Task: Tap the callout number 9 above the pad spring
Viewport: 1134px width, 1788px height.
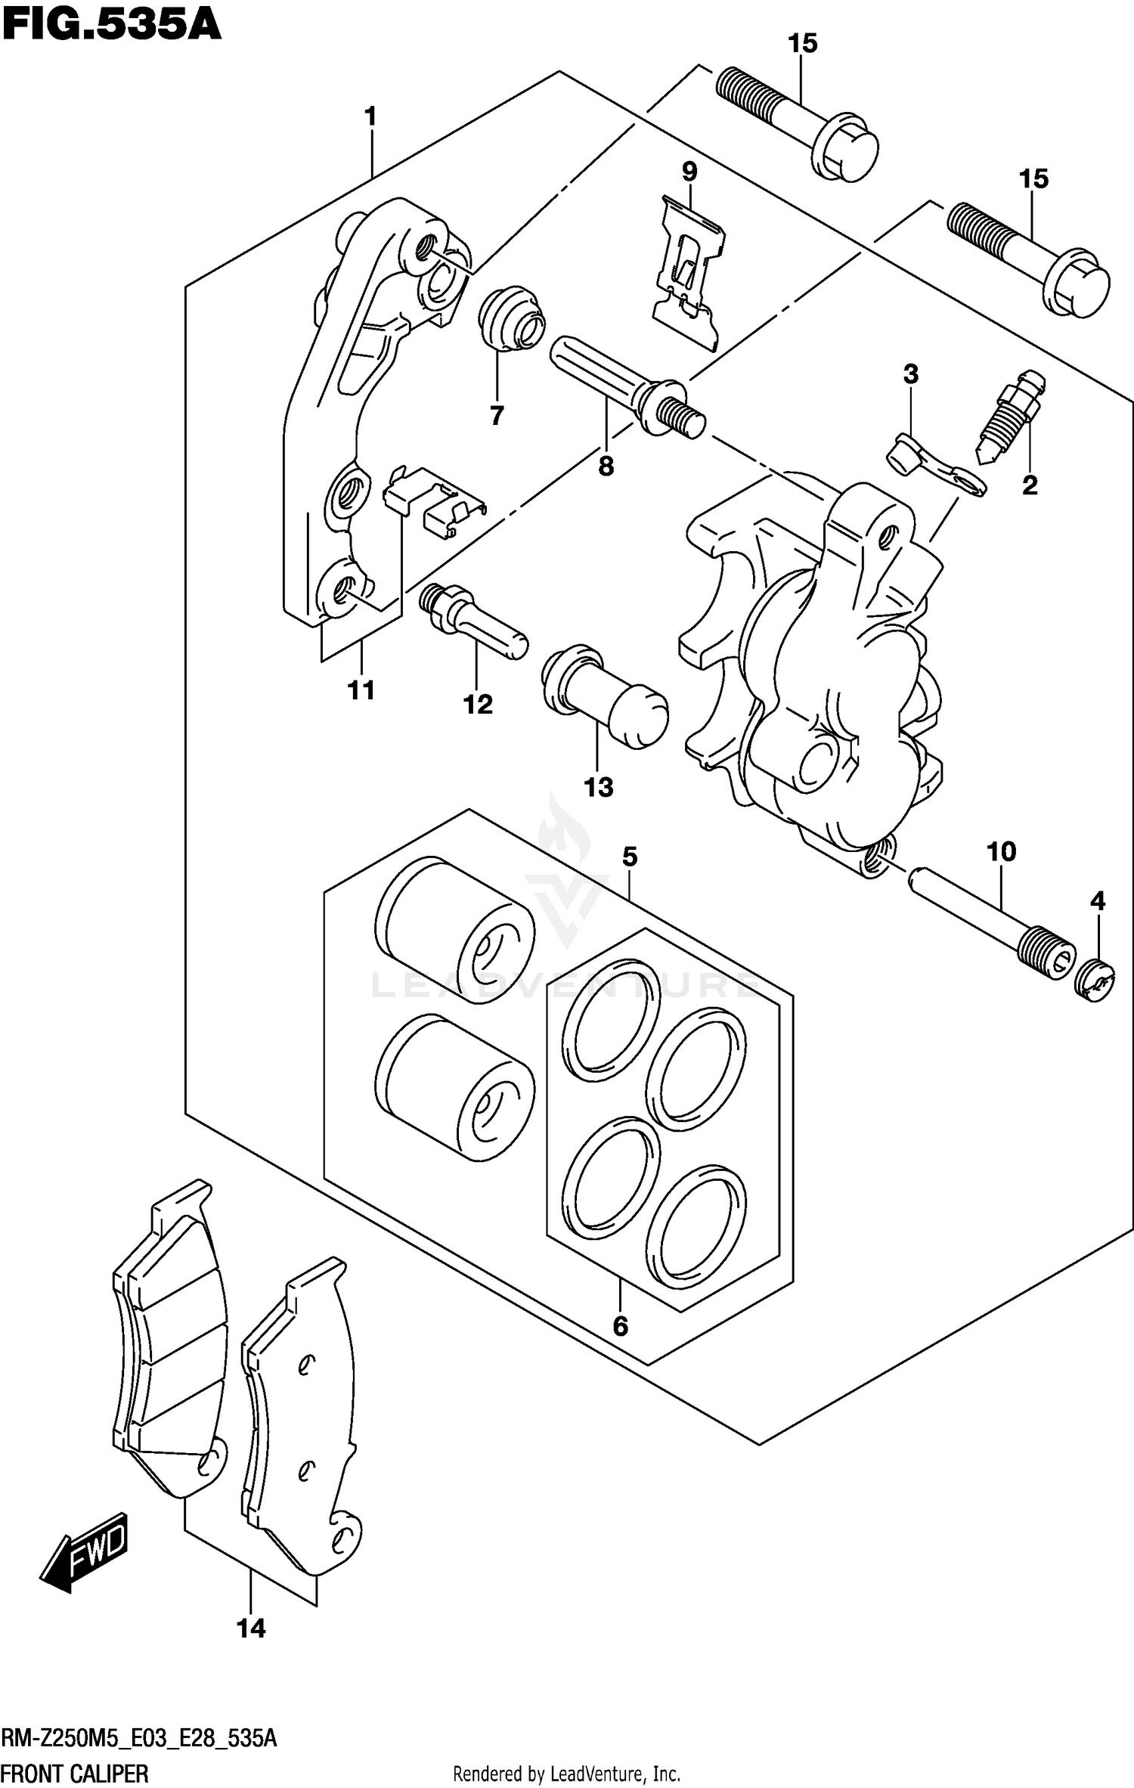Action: [689, 172]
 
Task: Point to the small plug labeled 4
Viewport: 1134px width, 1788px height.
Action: [1094, 981]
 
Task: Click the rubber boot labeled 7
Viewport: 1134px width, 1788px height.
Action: [512, 319]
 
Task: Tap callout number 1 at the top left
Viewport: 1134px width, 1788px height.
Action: [370, 117]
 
